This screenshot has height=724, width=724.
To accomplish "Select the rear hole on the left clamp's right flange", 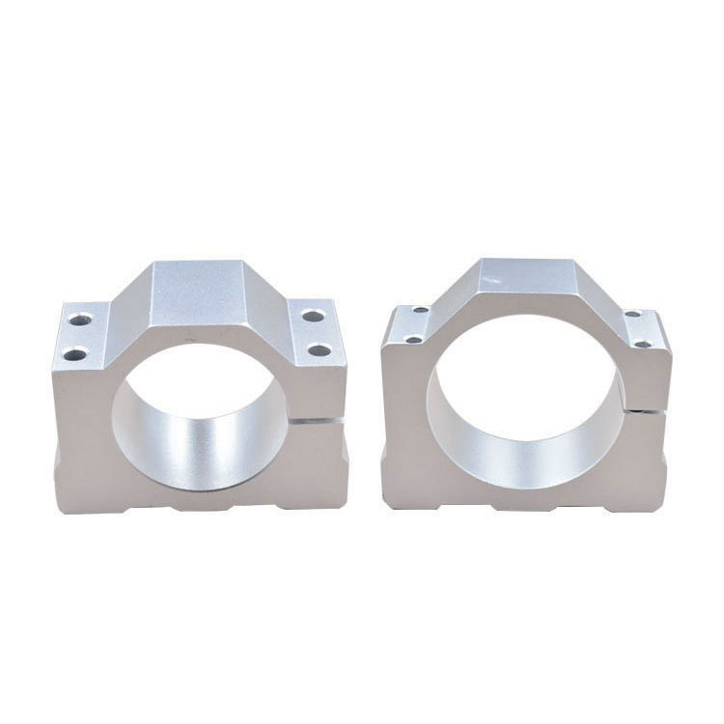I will click(x=310, y=315).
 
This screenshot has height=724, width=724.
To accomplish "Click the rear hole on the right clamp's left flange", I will click(x=421, y=312).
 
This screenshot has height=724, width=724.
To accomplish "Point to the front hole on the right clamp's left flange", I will click(x=413, y=339).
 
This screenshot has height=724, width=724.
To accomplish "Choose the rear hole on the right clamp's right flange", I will click(x=631, y=314).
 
